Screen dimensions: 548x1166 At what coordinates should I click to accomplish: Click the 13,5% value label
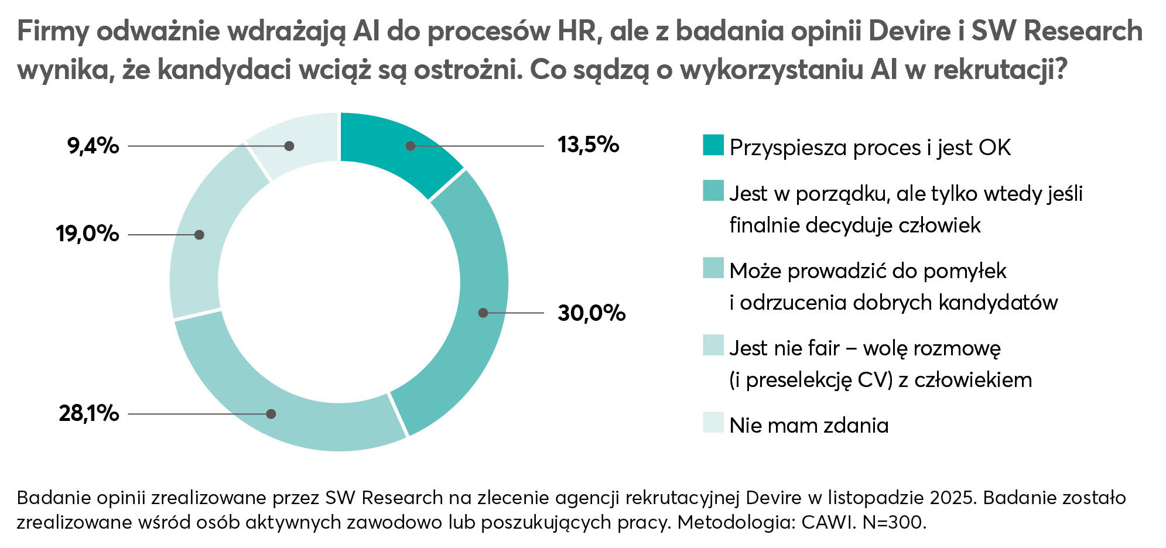coord(588,145)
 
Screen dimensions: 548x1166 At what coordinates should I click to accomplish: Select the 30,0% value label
coord(591,313)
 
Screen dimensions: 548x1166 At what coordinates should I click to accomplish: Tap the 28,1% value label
coord(89,413)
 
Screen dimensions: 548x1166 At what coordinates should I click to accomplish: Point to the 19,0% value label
coord(88,234)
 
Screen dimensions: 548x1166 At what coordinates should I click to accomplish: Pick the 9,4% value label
coord(93,145)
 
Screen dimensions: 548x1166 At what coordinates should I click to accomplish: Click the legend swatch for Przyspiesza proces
coord(713,145)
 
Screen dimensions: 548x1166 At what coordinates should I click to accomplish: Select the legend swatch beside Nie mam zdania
coord(713,423)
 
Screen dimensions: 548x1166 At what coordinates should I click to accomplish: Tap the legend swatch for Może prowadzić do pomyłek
coord(713,268)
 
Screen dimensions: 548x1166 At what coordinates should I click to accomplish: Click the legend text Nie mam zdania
coord(809,425)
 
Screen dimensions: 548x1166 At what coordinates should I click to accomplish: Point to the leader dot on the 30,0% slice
coord(483,313)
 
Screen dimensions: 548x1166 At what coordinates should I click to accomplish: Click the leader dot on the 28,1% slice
coord(271,414)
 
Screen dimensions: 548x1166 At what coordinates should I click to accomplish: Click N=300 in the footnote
coord(894,522)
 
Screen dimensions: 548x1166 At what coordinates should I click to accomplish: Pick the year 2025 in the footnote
coord(952,498)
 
